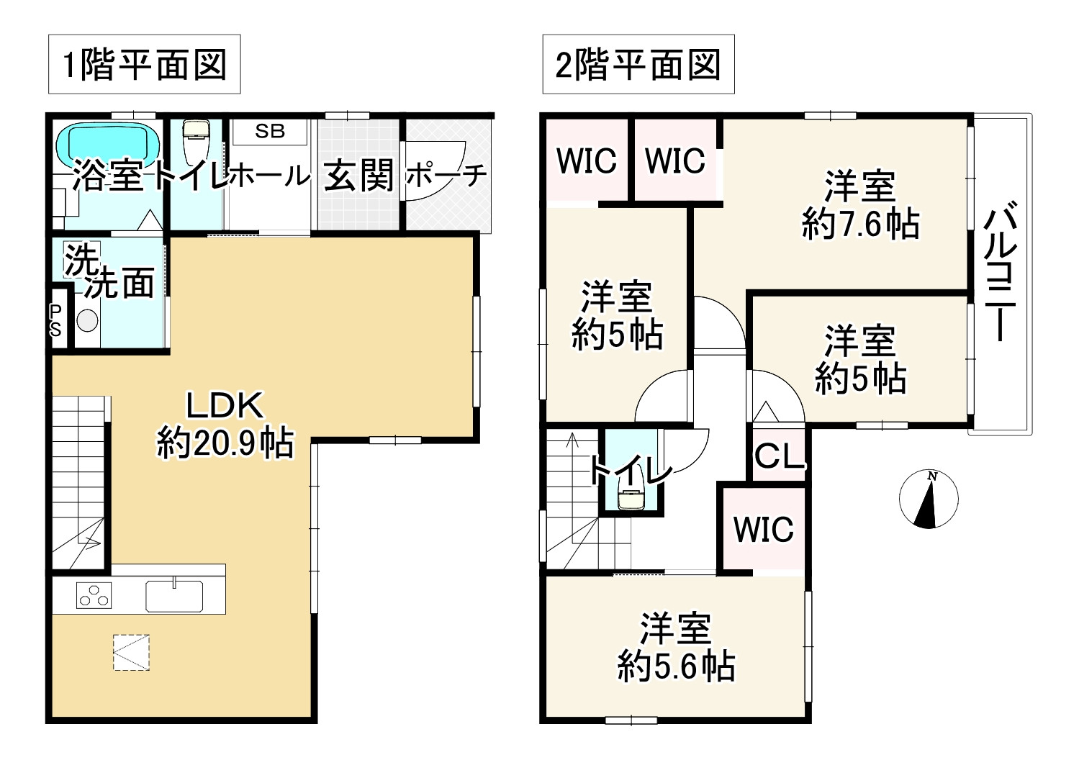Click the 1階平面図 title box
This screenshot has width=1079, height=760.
coord(144,64)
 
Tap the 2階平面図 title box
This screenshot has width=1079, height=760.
coord(638,64)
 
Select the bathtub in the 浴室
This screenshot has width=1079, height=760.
coord(108,144)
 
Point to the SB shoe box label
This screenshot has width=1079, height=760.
coord(270,131)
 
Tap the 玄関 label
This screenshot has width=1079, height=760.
coord(358,175)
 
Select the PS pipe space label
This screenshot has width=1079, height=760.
coord(56,320)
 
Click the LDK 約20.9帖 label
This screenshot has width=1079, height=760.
coord(225,425)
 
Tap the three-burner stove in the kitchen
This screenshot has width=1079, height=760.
coord(94,597)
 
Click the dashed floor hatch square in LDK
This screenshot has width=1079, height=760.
coord(131,652)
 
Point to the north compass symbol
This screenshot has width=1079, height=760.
coord(929,498)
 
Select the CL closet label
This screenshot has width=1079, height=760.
coord(779,456)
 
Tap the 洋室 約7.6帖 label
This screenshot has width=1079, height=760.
coord(860,205)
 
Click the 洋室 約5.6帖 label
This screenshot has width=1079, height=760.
coord(676,648)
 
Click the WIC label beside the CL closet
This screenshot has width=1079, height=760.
coord(763,530)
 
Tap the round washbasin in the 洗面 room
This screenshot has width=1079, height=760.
coord(87,320)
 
